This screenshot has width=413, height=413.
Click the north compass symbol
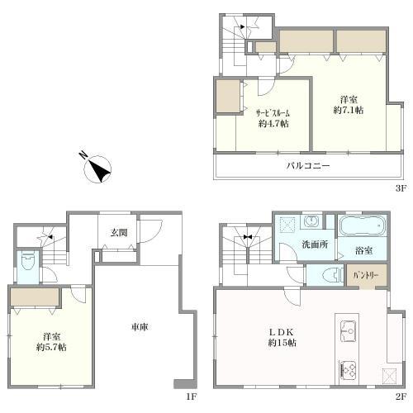[x=97, y=168]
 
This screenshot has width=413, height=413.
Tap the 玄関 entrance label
[x=119, y=233]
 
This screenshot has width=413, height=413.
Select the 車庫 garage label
[x=140, y=327]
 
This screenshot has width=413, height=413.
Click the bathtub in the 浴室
[x=362, y=225]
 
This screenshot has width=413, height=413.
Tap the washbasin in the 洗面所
[x=312, y=221]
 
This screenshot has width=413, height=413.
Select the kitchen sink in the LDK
[x=349, y=331]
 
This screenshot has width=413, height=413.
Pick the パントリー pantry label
[x=367, y=275]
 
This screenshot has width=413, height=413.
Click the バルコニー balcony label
[x=308, y=166]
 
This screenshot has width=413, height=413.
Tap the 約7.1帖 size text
[x=349, y=110]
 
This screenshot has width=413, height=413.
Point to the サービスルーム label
[x=273, y=113]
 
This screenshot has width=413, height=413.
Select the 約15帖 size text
[x=282, y=343]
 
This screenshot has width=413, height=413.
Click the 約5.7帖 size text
[x=51, y=347]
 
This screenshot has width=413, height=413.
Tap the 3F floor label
[x=401, y=188]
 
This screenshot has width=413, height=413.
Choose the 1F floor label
[x=192, y=396]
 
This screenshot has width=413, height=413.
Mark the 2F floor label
[x=401, y=396]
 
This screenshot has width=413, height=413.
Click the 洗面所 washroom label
[x=315, y=244]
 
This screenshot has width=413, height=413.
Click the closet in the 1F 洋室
[x=35, y=297]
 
